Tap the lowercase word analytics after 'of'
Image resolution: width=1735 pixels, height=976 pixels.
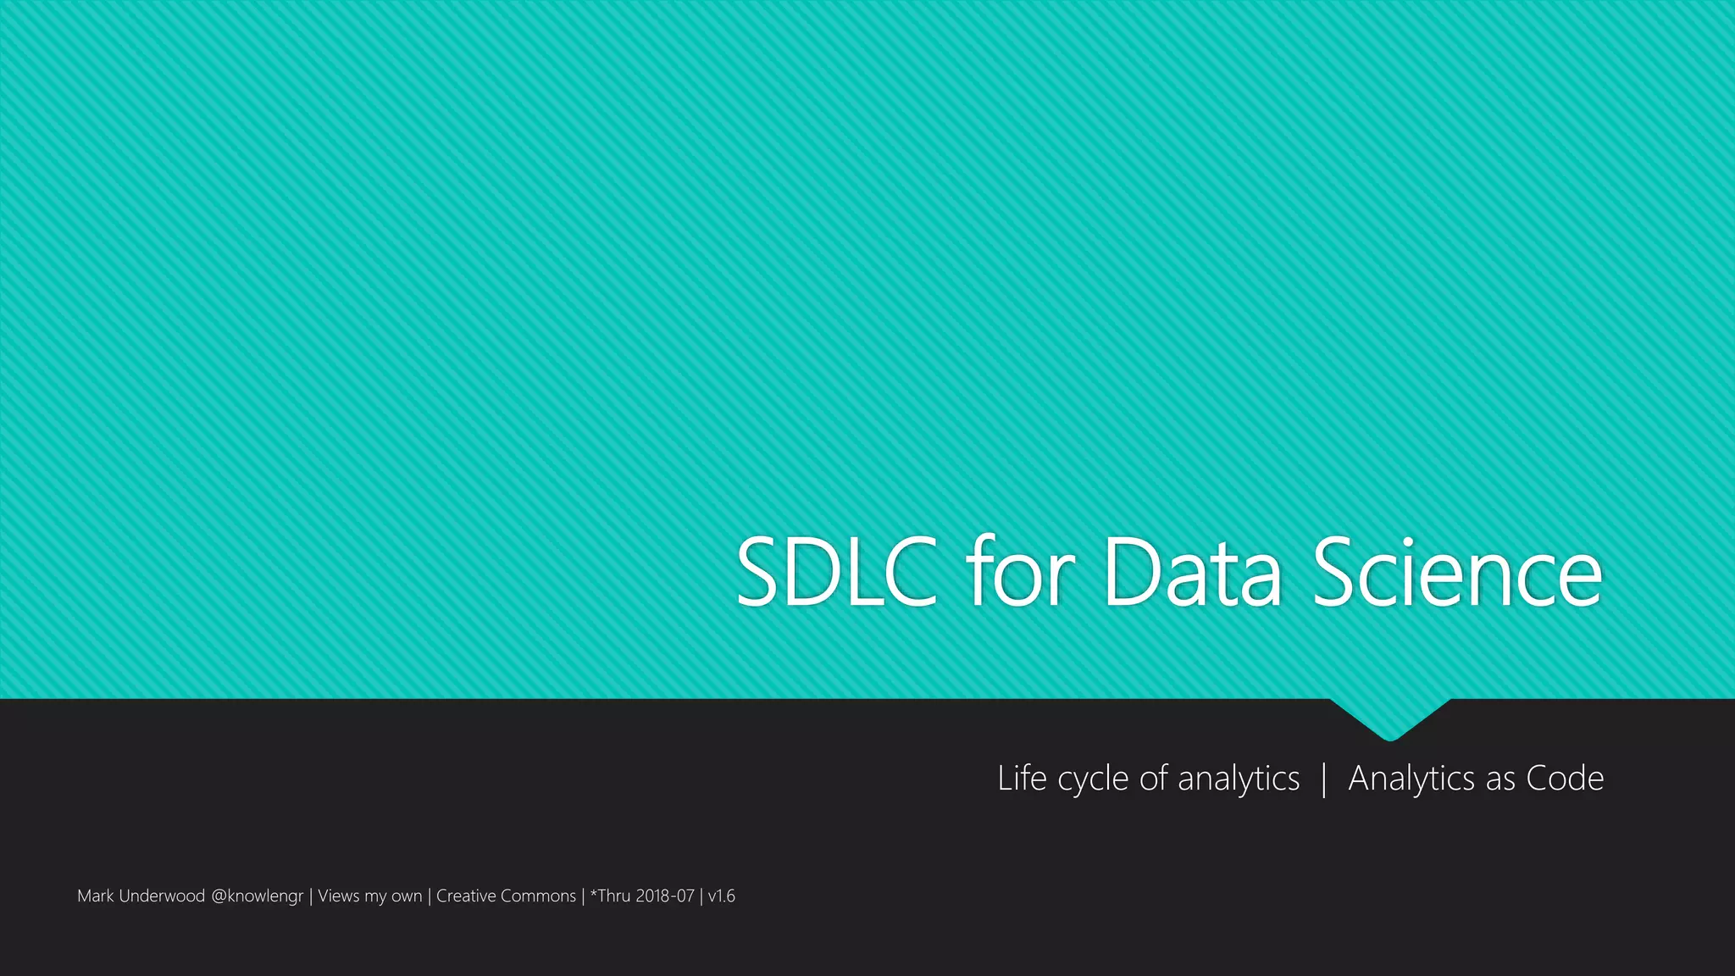pyautogui.click(x=1238, y=779)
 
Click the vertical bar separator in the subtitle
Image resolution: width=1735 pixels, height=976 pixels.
pyautogui.click(x=1324, y=779)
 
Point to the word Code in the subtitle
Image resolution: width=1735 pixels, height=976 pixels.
pyautogui.click(x=1565, y=778)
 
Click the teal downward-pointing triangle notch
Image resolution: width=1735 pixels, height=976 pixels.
pyautogui.click(x=1389, y=718)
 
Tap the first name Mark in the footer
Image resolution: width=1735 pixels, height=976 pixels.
pyautogui.click(x=95, y=896)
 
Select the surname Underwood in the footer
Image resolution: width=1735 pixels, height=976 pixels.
pyautogui.click(x=162, y=896)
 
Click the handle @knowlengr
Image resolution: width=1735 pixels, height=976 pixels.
pyautogui.click(x=257, y=896)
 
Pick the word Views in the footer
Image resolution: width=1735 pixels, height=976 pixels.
pyautogui.click(x=338, y=896)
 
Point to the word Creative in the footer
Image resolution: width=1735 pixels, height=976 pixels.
pyautogui.click(x=466, y=896)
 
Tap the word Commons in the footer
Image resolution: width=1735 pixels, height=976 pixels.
pyautogui.click(x=538, y=896)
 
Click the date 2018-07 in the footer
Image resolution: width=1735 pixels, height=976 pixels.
pyautogui.click(x=665, y=896)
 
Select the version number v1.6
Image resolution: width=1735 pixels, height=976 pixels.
pyautogui.click(x=722, y=896)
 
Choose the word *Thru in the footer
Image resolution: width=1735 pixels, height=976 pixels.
pyautogui.click(x=611, y=896)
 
